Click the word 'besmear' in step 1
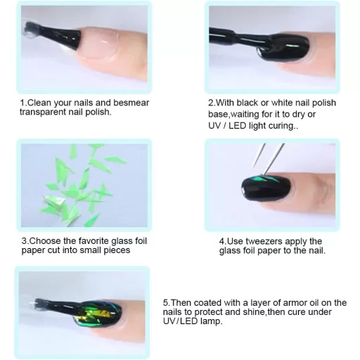coord(131,103)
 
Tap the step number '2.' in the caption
coord(211,103)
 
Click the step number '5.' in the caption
coord(166,303)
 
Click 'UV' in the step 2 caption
coord(214,126)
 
